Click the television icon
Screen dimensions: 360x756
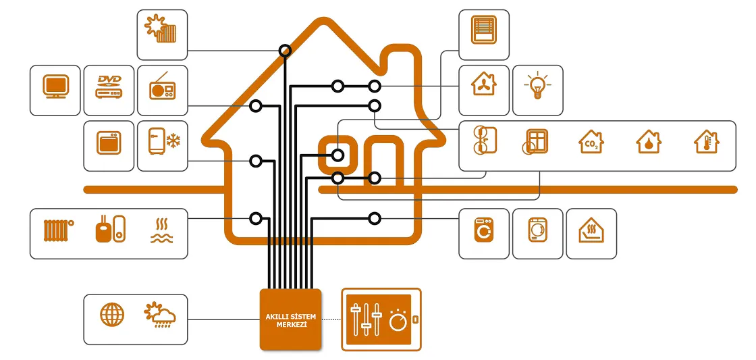point(55,88)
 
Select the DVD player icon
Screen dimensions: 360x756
point(109,88)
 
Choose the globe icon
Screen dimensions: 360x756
point(112,315)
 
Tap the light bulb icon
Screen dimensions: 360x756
point(537,87)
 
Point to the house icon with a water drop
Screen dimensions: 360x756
point(649,142)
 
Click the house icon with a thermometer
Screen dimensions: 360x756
point(706,142)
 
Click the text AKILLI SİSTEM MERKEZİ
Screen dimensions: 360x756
point(290,319)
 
